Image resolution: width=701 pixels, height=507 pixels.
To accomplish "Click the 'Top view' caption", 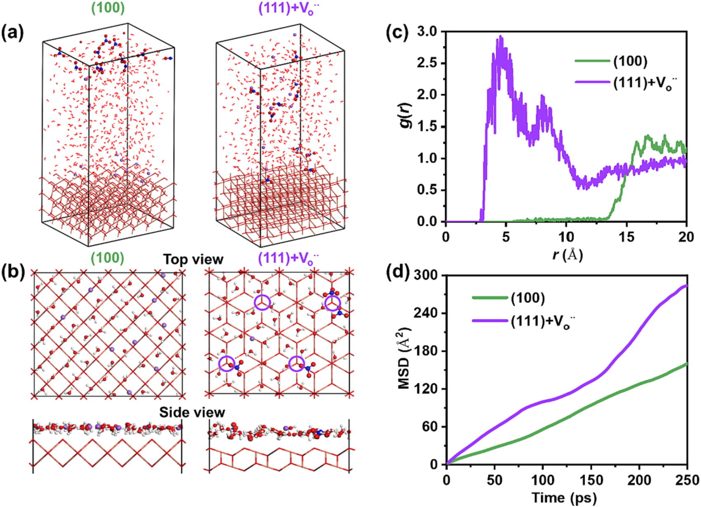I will click(193, 259).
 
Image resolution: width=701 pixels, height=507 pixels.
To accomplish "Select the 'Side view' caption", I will click(192, 412).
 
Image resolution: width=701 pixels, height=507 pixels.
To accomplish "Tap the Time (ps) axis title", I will click(564, 498).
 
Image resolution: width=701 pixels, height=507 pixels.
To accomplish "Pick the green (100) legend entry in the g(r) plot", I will click(611, 61).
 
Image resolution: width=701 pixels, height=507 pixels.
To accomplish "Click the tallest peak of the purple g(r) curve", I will click(500, 36).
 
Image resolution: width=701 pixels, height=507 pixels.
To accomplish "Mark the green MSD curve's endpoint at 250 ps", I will click(687, 363).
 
